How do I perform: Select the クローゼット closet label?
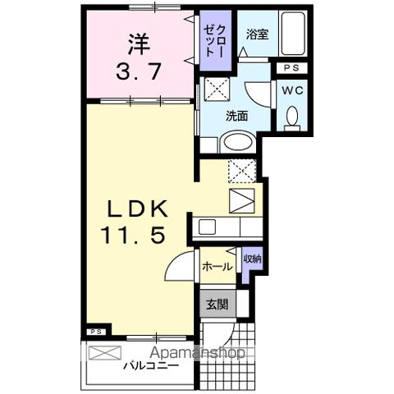tap(216, 39)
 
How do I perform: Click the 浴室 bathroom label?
tap(257, 34)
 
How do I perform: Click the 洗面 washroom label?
tap(238, 116)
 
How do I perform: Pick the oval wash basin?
tap(239, 140)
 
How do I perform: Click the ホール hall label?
tap(218, 266)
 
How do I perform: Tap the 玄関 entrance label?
tap(217, 305)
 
